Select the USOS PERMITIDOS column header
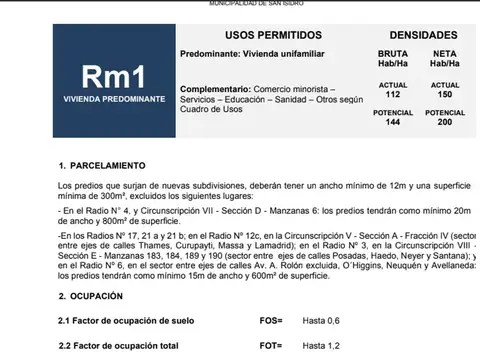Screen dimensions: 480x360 coord(265,35)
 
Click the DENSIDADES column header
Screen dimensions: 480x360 coord(416,35)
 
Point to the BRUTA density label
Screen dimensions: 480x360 coord(393,52)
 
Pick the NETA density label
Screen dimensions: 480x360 coord(445,52)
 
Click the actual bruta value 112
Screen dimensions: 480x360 coord(393,94)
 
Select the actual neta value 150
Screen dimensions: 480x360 coord(445,94)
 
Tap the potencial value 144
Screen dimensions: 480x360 coord(393,122)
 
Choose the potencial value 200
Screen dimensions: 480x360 coord(445,122)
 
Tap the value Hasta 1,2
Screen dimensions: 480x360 coord(323,345)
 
